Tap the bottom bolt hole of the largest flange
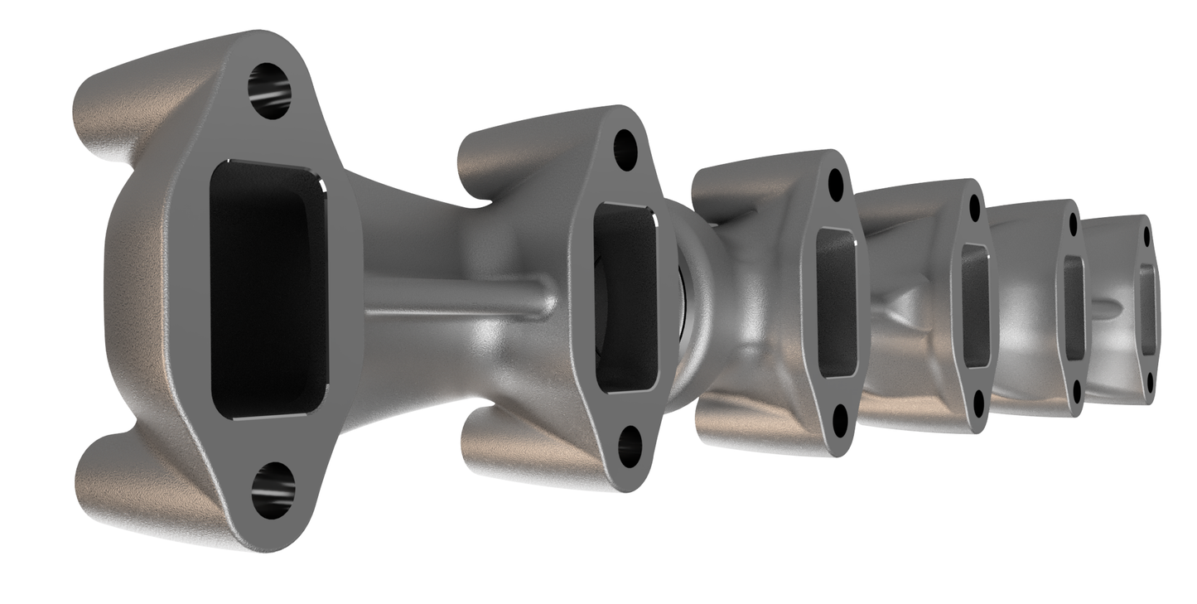point(273,490)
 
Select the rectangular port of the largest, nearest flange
point(268,288)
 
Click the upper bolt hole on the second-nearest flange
point(625,150)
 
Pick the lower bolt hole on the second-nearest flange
point(630,446)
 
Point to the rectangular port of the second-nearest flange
point(626,297)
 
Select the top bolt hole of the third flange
point(835,185)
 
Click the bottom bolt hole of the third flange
point(840,421)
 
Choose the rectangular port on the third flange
point(836,302)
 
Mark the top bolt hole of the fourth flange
point(974,207)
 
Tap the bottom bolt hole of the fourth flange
point(978,403)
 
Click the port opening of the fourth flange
point(976,306)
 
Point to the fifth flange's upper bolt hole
point(1074,224)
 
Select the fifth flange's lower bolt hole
point(1076,390)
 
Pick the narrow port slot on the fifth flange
point(1074,307)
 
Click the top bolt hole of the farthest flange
point(1147,237)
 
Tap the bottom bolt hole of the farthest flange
point(1150,382)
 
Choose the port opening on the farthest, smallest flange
point(1147,308)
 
